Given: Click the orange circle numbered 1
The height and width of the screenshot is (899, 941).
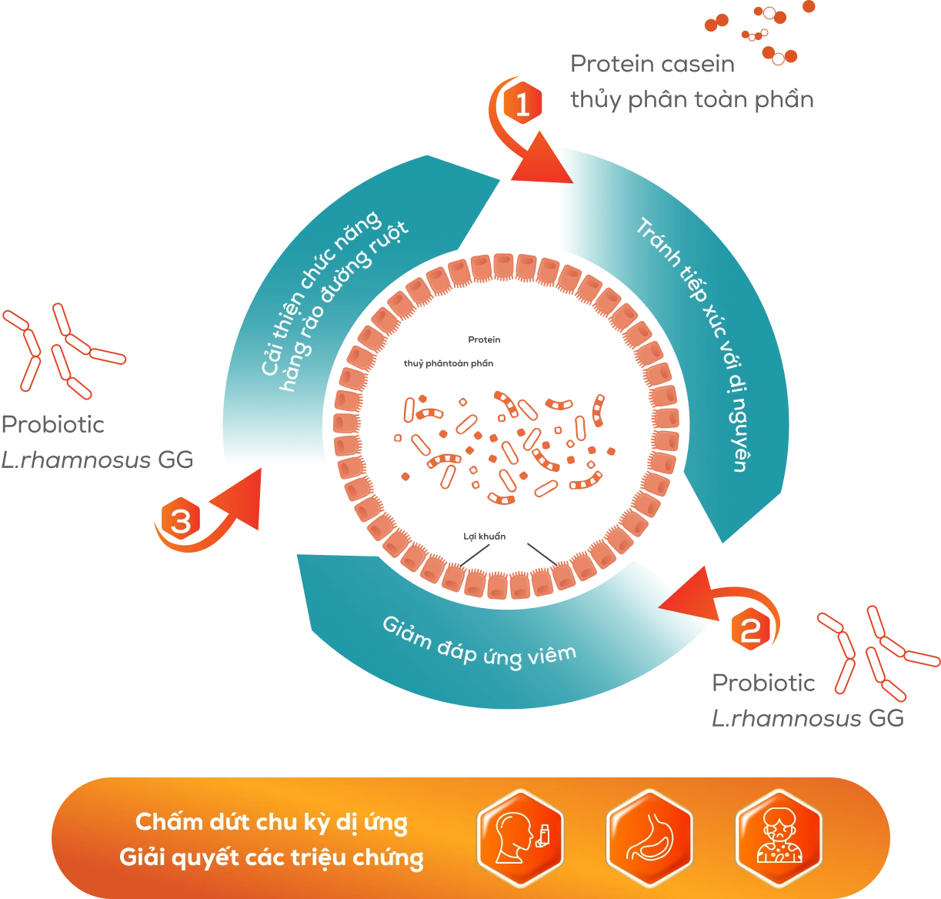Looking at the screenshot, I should (x=522, y=105).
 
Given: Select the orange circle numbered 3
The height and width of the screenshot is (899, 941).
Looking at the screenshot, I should (x=180, y=522).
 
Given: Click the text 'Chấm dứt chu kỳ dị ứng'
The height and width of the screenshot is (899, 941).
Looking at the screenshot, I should (x=272, y=822).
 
